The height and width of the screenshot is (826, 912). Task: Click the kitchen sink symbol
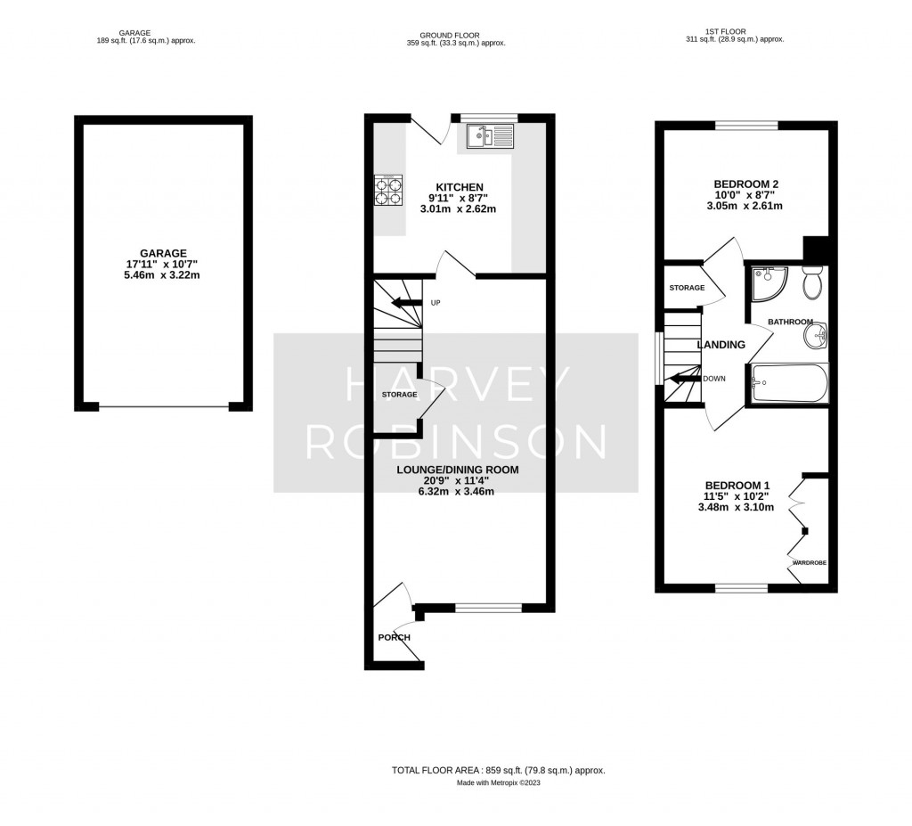tap(489, 137)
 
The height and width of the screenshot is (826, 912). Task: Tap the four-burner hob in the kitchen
tap(388, 191)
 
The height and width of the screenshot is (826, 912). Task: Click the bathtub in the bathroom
tap(790, 383)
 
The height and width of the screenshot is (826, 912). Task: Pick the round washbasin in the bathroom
tap(815, 336)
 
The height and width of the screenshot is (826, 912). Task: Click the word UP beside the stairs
tap(436, 303)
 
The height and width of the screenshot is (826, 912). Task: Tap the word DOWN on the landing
tap(714, 378)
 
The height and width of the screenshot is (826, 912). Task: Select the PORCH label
tap(395, 637)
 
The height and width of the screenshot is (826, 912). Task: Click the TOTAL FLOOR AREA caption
tap(499, 770)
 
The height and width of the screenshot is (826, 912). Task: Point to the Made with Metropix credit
tap(499, 783)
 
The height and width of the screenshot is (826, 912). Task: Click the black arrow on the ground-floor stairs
tap(408, 303)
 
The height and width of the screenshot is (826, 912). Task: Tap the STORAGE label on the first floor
tap(687, 288)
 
